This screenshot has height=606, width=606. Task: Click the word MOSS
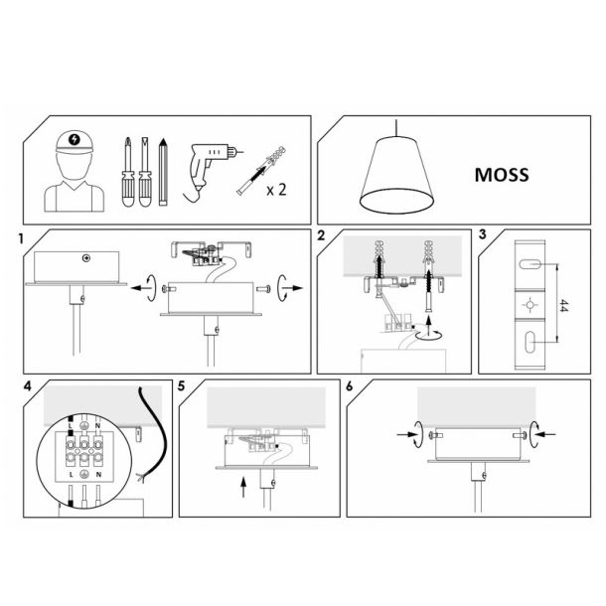pos(502,175)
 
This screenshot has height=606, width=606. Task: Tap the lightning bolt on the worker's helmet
pos(75,139)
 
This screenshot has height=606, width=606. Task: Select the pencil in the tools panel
pos(163,172)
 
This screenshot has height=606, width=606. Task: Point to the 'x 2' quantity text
pos(276,190)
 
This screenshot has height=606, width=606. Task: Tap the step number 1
pos(21,238)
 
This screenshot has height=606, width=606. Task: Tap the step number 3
pos(483,234)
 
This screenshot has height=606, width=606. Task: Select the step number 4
pos(28,385)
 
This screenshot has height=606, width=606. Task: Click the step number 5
pos(182,385)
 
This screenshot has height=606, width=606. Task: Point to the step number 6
pos(350,385)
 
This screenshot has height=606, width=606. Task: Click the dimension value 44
pos(564,305)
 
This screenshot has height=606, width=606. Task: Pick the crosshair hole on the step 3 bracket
pos(530,305)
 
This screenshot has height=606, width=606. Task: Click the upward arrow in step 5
pos(243,487)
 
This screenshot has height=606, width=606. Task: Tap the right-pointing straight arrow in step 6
pos(405,435)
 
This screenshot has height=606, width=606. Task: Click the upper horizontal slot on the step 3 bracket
pos(530,264)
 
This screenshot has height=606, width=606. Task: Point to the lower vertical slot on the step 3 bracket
pos(529,342)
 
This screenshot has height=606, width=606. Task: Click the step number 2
pos(321,235)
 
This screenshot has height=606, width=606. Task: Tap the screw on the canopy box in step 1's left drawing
pos(86,257)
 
